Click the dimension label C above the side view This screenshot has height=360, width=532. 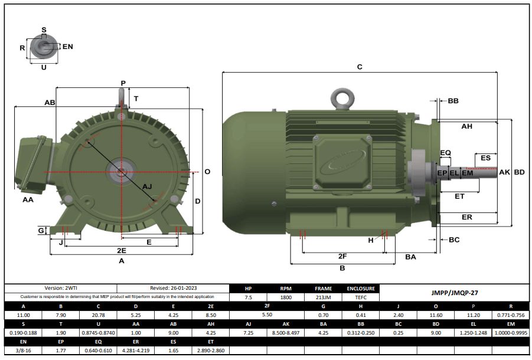click(360, 67)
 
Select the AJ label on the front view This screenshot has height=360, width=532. click(148, 186)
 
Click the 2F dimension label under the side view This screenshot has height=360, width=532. click(342, 256)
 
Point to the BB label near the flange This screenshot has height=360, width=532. click(453, 102)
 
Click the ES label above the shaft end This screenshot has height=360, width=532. click(485, 158)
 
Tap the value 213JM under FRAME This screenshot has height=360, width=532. click(323, 297)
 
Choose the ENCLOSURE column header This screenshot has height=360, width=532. click(360, 289)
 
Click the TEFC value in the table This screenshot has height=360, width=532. click(360, 297)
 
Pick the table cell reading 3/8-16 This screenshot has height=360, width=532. click(23, 350)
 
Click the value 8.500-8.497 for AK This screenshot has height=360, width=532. click(286, 333)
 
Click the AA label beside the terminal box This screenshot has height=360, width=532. click(28, 200)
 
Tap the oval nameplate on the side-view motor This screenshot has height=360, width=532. click(343, 166)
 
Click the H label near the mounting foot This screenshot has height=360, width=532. click(371, 240)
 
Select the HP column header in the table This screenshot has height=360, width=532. click(248, 289)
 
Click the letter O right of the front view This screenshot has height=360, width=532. click(207, 172)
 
